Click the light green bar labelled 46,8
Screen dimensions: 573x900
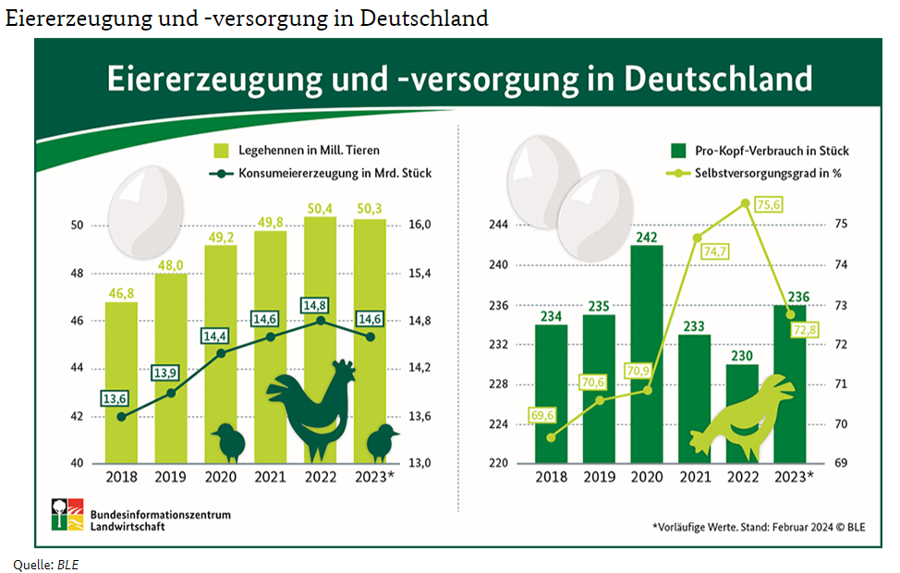121,379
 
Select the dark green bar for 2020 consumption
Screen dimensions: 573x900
647,351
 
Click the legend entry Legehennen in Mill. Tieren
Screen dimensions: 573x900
296,150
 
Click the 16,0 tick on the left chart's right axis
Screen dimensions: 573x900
421,226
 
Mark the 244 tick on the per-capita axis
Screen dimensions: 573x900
500,226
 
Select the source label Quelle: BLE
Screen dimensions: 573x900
45,563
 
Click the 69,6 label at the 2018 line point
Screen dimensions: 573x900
543,417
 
